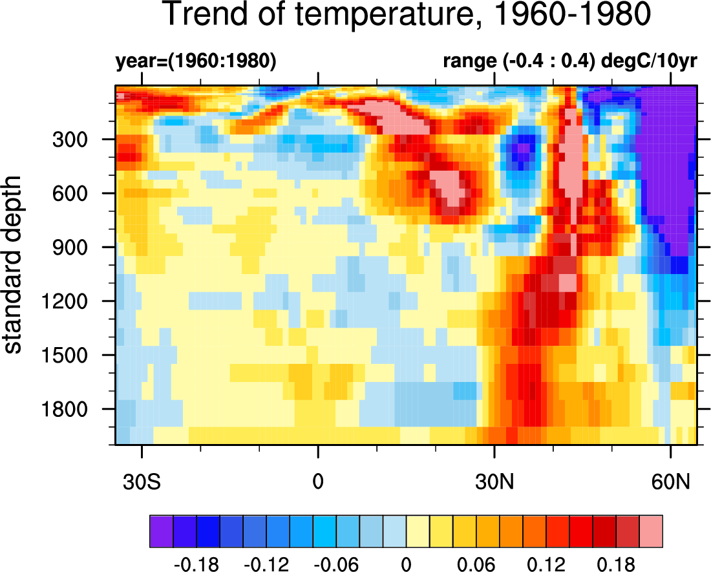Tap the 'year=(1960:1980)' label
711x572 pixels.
(196, 62)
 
